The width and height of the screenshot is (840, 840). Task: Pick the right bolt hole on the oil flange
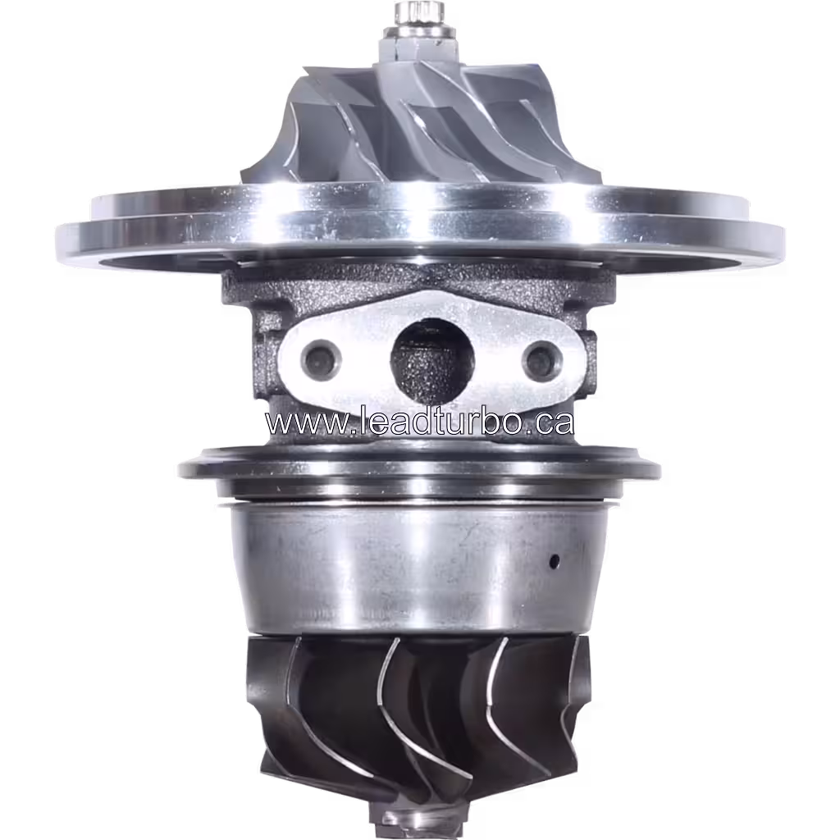coord(541,359)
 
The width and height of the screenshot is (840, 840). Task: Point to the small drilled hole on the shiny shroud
coord(555,561)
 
